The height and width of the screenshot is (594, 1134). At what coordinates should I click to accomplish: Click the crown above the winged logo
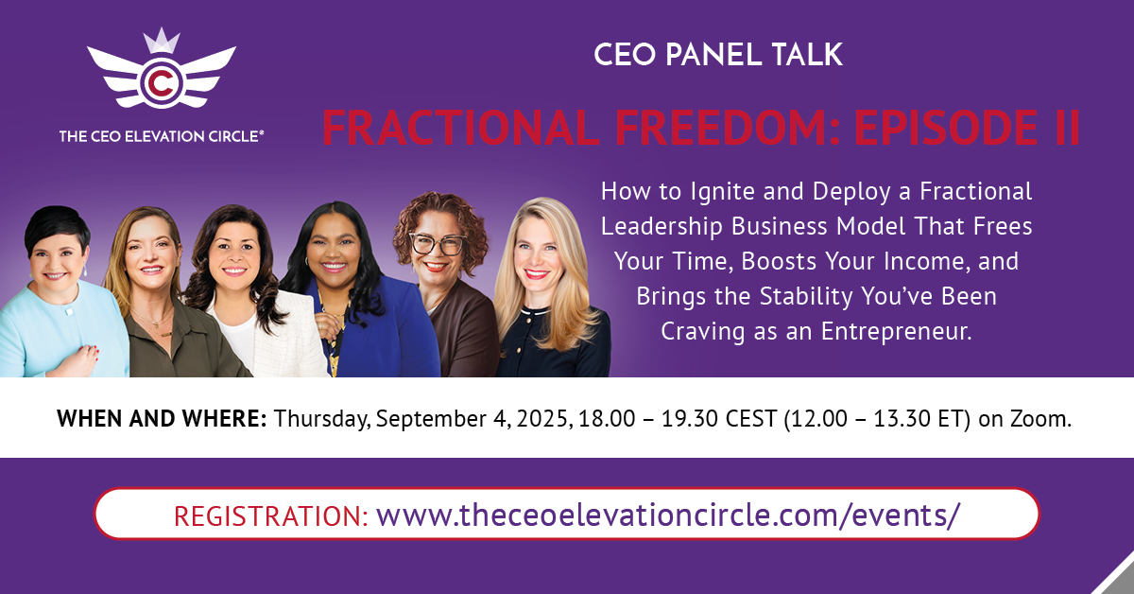click(162, 41)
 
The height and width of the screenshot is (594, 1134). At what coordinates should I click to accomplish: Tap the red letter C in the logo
click(161, 83)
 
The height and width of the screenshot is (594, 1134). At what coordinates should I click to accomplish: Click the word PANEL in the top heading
click(713, 55)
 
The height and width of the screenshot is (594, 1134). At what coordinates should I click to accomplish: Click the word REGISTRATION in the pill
click(271, 515)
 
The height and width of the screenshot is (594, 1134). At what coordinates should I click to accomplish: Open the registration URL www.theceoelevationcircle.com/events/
click(668, 515)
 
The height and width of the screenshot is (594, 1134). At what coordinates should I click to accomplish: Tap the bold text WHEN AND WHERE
click(162, 419)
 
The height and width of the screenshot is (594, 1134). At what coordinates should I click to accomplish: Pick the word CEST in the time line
click(750, 419)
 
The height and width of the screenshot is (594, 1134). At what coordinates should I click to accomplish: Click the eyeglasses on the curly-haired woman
click(437, 244)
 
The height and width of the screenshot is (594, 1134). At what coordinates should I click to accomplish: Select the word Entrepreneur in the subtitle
click(896, 331)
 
